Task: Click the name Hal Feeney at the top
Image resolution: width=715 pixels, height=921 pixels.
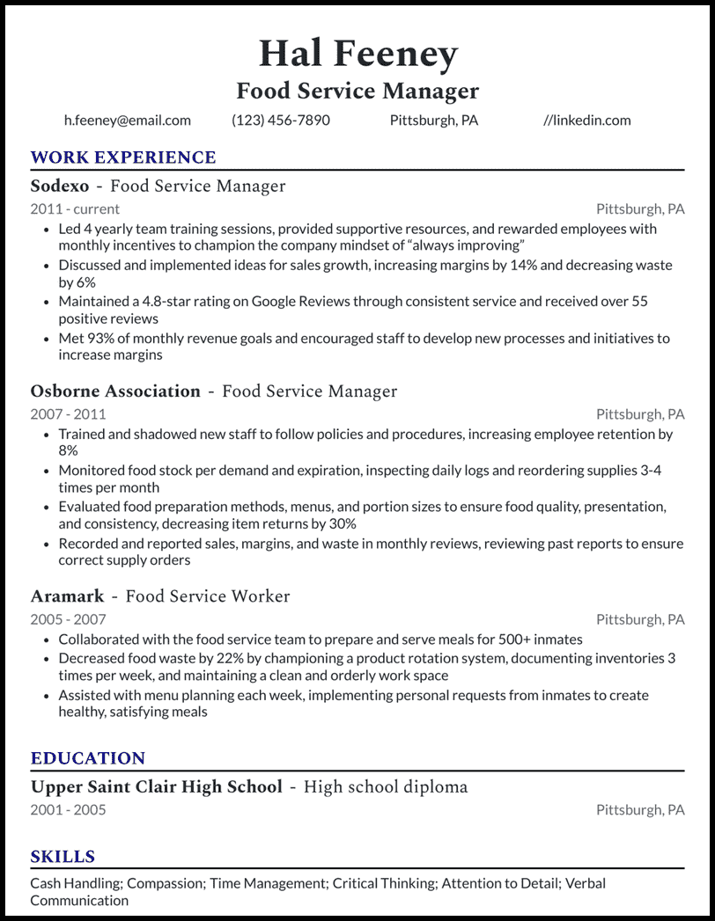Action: click(x=357, y=55)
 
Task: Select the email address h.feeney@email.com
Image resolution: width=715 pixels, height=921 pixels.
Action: click(x=128, y=121)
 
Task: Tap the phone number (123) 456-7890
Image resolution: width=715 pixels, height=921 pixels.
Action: click(x=281, y=121)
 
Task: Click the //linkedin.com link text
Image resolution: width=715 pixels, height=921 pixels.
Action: click(x=587, y=121)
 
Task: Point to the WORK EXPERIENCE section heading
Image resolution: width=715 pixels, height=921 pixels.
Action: click(x=123, y=157)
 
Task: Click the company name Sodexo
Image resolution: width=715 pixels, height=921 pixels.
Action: click(x=59, y=186)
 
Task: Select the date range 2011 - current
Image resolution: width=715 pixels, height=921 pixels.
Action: click(x=75, y=209)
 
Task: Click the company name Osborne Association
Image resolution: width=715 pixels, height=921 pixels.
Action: click(x=115, y=391)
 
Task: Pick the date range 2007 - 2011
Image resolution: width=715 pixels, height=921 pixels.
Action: click(x=68, y=414)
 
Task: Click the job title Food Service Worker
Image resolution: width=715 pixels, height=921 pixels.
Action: click(x=208, y=596)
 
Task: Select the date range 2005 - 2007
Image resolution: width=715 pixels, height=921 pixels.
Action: click(x=68, y=619)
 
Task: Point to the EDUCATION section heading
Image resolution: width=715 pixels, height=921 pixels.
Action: click(x=88, y=758)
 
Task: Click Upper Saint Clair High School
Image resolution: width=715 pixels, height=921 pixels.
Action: click(x=157, y=786)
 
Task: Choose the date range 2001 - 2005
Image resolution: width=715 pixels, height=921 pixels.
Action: click(x=68, y=809)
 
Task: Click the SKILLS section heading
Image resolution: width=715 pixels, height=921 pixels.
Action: click(x=63, y=857)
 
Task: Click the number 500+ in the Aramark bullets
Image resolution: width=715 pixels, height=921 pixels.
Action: click(x=496, y=640)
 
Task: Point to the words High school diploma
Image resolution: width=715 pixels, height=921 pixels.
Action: click(x=386, y=786)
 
